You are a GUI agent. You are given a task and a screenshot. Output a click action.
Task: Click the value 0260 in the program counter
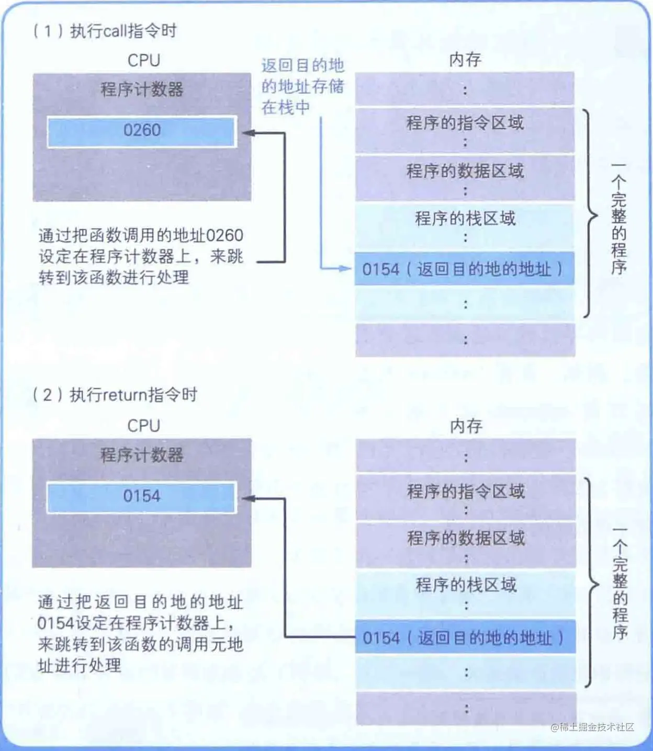click(x=142, y=130)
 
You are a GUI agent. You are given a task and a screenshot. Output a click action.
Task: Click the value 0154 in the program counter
click(x=142, y=496)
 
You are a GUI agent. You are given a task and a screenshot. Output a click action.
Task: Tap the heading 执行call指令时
click(x=123, y=31)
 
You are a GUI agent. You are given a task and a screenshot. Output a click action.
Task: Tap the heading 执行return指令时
click(x=133, y=395)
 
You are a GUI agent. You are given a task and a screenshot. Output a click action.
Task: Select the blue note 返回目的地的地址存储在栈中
click(x=302, y=86)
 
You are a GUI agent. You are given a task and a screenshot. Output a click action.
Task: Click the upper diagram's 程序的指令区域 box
click(x=465, y=129)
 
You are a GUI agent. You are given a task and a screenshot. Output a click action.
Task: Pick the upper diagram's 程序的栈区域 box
click(x=465, y=225)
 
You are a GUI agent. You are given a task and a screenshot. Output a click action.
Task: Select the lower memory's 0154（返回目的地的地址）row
click(x=465, y=638)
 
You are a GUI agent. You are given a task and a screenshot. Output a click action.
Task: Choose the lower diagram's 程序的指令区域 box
click(x=466, y=497)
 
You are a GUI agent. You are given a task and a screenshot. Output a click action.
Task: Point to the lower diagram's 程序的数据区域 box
click(x=466, y=544)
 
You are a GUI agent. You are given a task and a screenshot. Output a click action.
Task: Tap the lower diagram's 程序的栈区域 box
click(x=466, y=591)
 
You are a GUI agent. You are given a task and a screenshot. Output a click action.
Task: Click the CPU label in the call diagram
click(x=143, y=60)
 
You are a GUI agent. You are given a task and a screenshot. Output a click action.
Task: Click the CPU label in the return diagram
click(x=143, y=426)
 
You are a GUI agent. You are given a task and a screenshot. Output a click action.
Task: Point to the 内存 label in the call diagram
click(x=465, y=60)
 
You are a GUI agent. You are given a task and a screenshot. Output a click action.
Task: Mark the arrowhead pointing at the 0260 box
click(x=247, y=133)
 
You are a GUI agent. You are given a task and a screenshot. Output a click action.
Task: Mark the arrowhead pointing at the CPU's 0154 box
click(x=247, y=498)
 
